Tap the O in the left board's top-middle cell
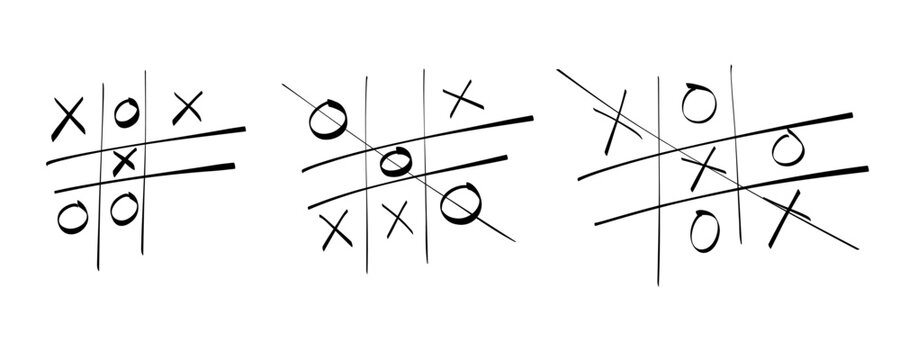pyautogui.click(x=124, y=112)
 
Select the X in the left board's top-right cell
pyautogui.click(x=187, y=107)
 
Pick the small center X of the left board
pyautogui.click(x=124, y=161)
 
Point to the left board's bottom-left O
pyautogui.click(x=70, y=214)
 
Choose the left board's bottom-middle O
pyautogui.click(x=123, y=208)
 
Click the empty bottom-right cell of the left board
pyautogui.click(x=190, y=215)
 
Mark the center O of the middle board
pyautogui.click(x=394, y=160)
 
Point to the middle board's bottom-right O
pyautogui.click(x=459, y=202)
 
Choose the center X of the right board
pyautogui.click(x=705, y=166)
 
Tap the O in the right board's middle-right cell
pyautogui.click(x=784, y=147)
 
